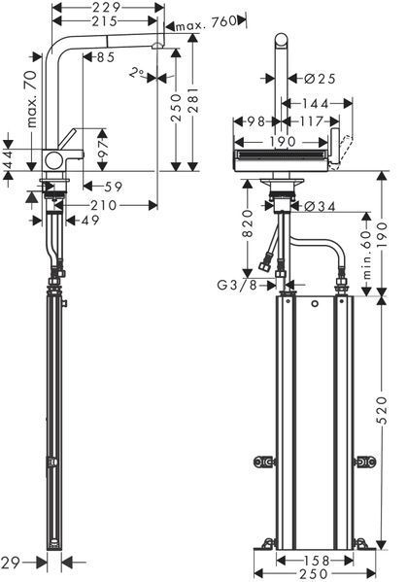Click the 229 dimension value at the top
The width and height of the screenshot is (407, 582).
point(106,7)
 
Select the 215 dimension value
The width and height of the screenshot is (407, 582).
point(104,21)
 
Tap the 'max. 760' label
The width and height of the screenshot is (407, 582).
point(206,23)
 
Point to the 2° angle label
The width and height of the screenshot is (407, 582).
point(137,72)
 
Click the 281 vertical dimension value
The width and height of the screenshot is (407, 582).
point(193,100)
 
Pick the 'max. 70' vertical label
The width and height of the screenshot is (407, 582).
point(32,99)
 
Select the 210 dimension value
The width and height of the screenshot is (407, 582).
point(104,205)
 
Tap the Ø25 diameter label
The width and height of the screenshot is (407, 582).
point(320,79)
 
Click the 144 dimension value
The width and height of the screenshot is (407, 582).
point(315,104)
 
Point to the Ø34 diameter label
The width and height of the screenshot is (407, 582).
point(320,207)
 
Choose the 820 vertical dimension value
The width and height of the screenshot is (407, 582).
point(248,223)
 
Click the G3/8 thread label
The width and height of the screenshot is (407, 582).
point(237,285)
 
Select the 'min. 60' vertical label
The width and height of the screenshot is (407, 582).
point(366,255)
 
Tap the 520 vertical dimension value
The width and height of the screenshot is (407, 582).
point(382,410)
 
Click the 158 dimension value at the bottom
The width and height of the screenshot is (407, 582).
point(316,560)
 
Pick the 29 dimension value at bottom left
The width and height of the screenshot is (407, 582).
point(10,564)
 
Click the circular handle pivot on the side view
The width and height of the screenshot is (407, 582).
point(53,161)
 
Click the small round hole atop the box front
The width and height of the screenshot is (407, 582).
point(315,304)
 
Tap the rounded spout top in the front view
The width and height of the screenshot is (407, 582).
point(282,39)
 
